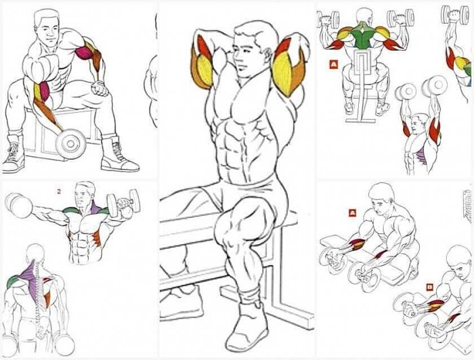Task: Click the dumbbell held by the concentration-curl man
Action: coord(70,144)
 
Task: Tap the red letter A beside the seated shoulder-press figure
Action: coord(333,65)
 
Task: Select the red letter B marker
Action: coord(429,287)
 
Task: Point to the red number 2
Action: coord(59,192)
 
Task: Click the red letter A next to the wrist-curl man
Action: coord(352,213)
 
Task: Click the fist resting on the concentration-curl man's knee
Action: coord(100,89)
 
